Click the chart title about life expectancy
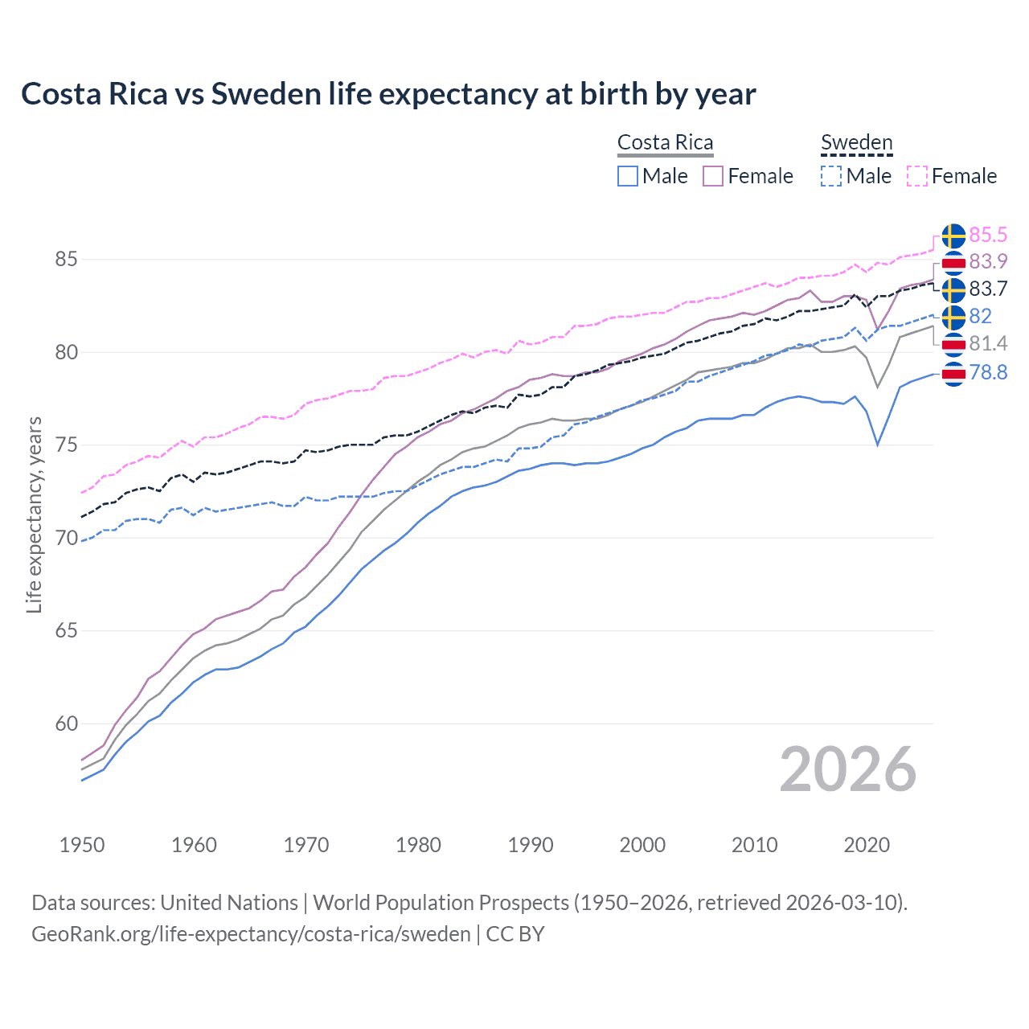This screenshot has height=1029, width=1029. tap(388, 94)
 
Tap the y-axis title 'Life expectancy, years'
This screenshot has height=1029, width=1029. tap(34, 514)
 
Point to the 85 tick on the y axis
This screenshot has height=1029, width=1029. tap(66, 260)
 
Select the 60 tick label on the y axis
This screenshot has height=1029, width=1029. tap(66, 724)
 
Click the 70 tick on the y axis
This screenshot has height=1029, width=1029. tap(66, 538)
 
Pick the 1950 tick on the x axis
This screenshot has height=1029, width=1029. tap(82, 845)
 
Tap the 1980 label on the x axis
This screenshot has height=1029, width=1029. tap(418, 845)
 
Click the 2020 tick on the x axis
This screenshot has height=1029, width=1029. tap(867, 845)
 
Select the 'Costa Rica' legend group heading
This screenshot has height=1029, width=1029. tap(665, 143)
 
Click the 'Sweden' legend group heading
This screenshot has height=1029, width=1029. tap(856, 143)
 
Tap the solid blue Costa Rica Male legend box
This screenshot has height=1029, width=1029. tap(628, 176)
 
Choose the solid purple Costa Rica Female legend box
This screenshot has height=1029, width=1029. tap(713, 176)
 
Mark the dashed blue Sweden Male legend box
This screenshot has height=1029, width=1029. tap(831, 176)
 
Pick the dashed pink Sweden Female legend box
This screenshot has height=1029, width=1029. tap(917, 176)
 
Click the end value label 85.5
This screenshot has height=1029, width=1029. tap(988, 235)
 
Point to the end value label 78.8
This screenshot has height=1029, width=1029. tap(988, 372)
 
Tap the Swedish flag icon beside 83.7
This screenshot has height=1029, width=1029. tap(953, 289)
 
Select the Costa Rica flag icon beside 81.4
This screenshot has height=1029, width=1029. tap(953, 344)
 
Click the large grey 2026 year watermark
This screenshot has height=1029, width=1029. tap(848, 769)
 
